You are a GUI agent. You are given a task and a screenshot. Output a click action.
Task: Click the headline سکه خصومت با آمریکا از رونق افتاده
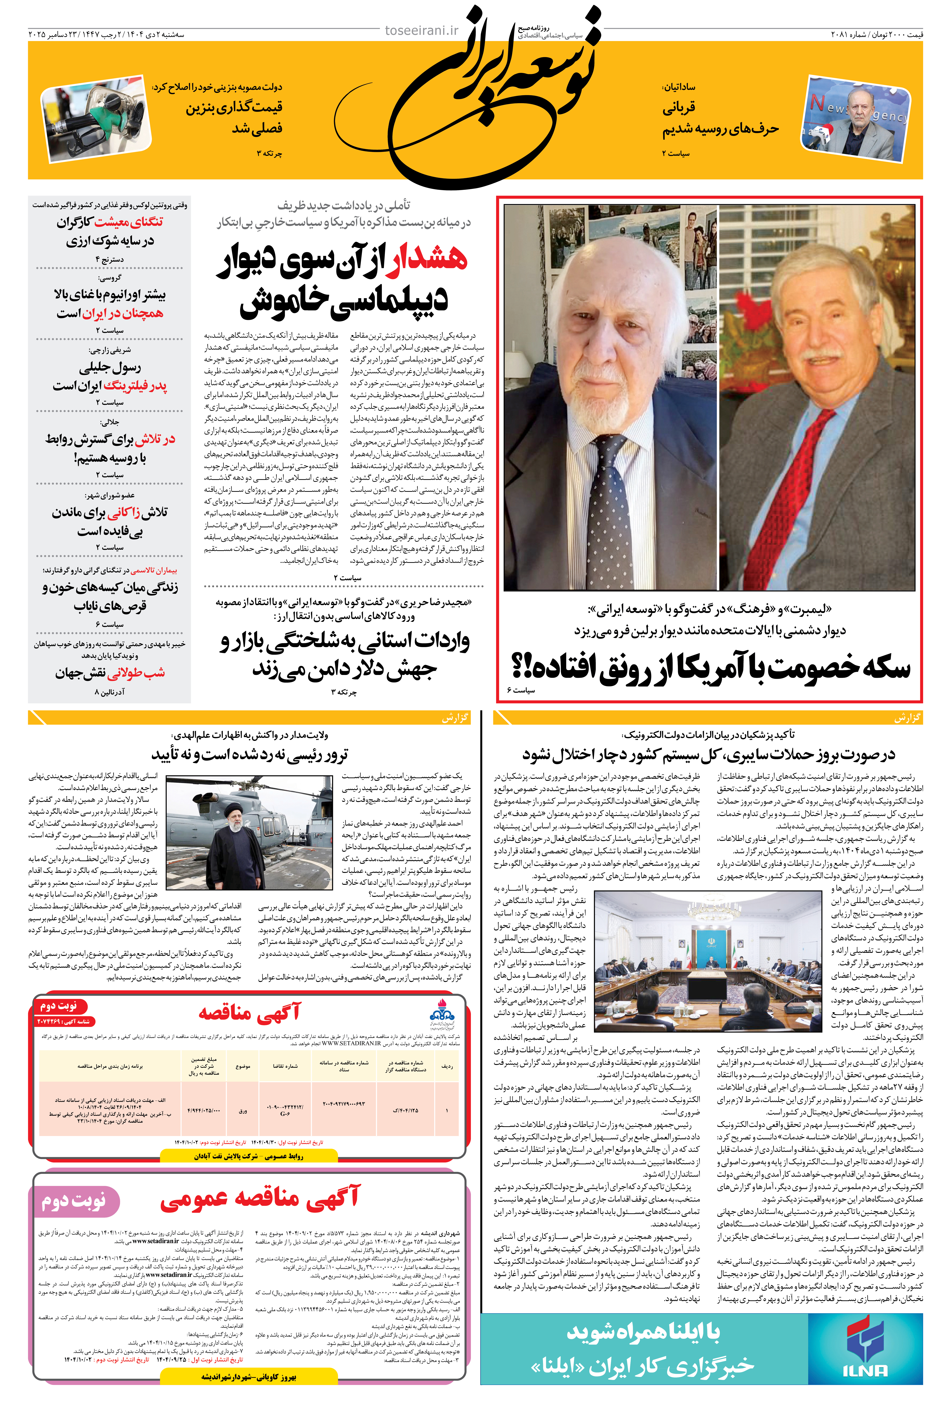710,667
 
